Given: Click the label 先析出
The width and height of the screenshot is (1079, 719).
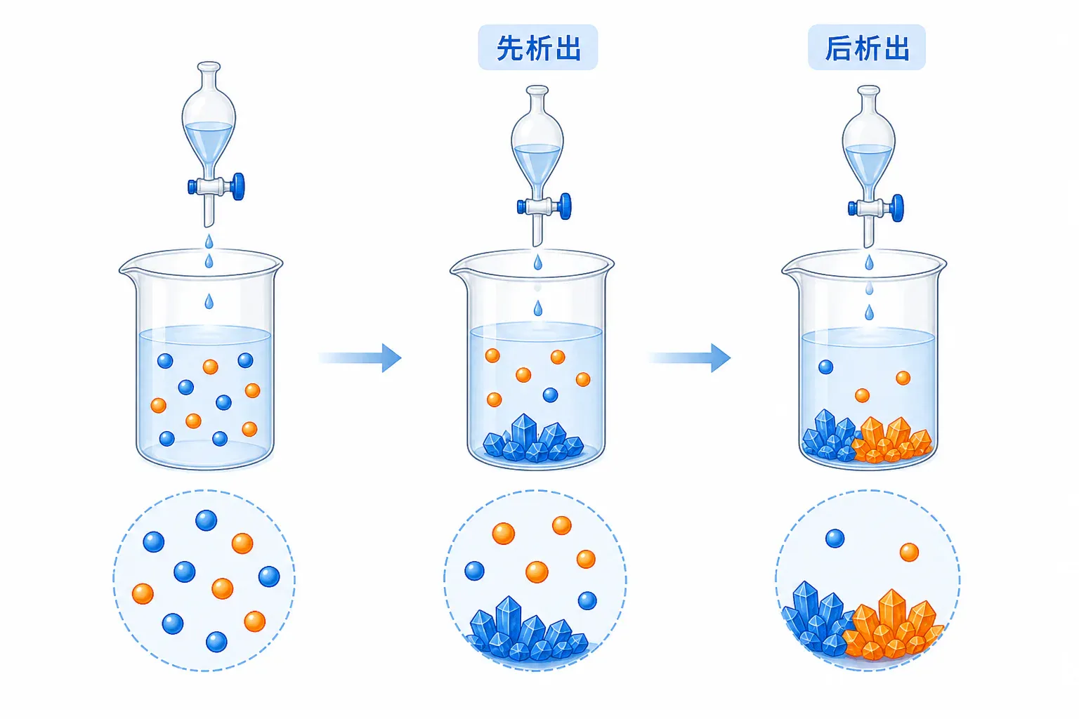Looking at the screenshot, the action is (x=538, y=48).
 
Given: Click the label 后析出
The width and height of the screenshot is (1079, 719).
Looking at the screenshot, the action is (x=867, y=48).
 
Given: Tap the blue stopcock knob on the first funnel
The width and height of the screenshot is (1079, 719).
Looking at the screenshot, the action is (x=238, y=186).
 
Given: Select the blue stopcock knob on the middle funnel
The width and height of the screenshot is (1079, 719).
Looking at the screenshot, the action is (x=565, y=206).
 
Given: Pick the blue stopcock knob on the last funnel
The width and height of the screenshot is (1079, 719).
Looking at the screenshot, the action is (x=897, y=208).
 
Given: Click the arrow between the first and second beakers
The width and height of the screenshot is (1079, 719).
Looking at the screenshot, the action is (x=360, y=358).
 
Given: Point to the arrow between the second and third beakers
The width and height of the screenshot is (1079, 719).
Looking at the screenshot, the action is (x=690, y=358).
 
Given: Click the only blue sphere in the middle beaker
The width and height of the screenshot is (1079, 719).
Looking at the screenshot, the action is (x=550, y=395).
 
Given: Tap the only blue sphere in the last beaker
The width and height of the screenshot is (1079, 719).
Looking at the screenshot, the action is (x=825, y=367).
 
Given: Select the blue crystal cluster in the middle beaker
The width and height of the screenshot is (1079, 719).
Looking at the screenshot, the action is (x=532, y=440).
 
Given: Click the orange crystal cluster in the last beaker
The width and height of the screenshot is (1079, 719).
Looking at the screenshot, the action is (x=891, y=441).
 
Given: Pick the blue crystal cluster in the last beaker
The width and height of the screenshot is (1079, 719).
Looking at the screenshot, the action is (x=828, y=436).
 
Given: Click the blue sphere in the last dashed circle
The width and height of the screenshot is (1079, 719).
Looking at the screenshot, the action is (x=835, y=539).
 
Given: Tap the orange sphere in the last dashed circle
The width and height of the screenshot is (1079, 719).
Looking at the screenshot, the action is (x=909, y=552).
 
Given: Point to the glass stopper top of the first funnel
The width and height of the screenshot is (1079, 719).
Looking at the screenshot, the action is (x=209, y=67).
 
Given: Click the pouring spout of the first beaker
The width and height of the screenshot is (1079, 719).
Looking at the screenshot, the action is (x=126, y=270).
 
